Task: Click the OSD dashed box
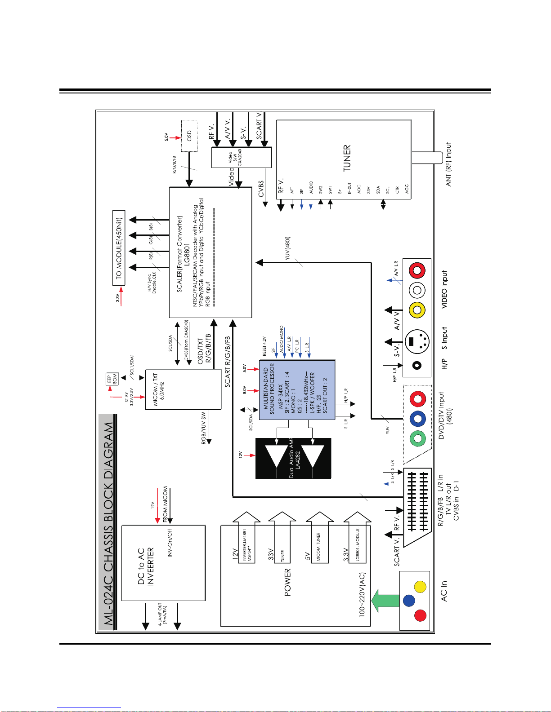[189, 136]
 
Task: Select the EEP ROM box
[112, 379]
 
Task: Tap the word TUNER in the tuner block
[347, 158]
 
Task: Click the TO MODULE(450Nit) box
[119, 248]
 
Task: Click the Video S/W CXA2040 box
[241, 158]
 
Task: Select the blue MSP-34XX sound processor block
[297, 390]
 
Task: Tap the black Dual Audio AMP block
[293, 458]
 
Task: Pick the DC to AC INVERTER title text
[146, 566]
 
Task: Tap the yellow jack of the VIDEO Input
[417, 310]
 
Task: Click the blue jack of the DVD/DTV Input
[418, 419]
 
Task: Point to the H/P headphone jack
[417, 365]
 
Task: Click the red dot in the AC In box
[420, 615]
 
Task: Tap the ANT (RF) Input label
[448, 164]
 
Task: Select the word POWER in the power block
[287, 582]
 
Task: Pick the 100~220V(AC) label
[362, 594]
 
